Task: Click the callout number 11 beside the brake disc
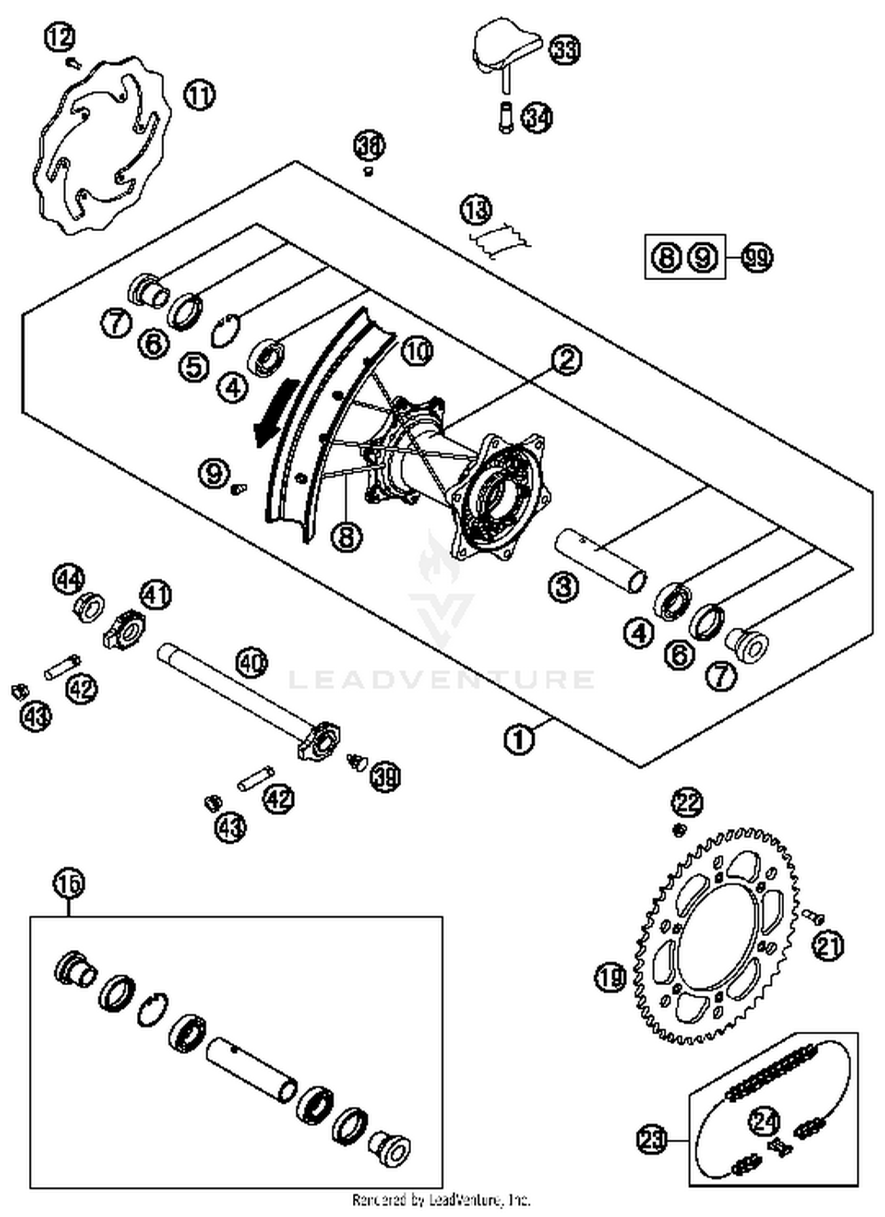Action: pos(199,95)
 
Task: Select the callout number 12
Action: pos(60,38)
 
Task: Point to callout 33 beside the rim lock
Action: pos(565,50)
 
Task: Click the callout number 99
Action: pos(756,258)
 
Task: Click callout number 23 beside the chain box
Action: pos(652,1139)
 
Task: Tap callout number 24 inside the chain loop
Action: pos(764,1121)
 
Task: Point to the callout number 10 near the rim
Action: pos(417,352)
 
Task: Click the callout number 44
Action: pos(70,580)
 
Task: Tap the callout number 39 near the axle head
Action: pos(385,776)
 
